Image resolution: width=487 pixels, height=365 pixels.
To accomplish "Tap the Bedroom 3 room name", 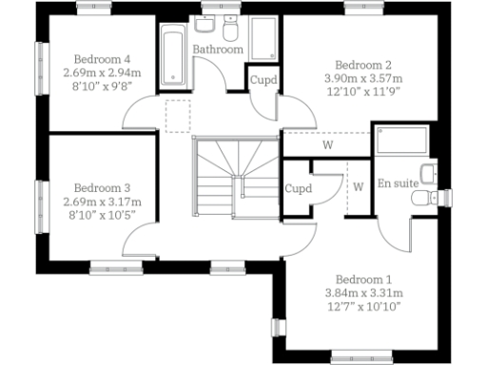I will click(95, 188).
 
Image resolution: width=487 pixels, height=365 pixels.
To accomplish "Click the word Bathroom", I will click(218, 49).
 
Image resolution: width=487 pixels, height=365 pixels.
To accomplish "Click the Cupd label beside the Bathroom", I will click(263, 80).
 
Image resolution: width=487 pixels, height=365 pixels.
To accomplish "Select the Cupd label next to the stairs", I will click(298, 188).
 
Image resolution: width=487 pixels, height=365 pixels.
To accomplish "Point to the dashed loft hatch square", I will click(179, 115).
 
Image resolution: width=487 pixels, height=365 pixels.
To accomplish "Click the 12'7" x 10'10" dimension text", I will click(363, 306).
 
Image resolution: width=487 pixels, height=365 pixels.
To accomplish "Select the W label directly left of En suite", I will click(359, 185).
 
